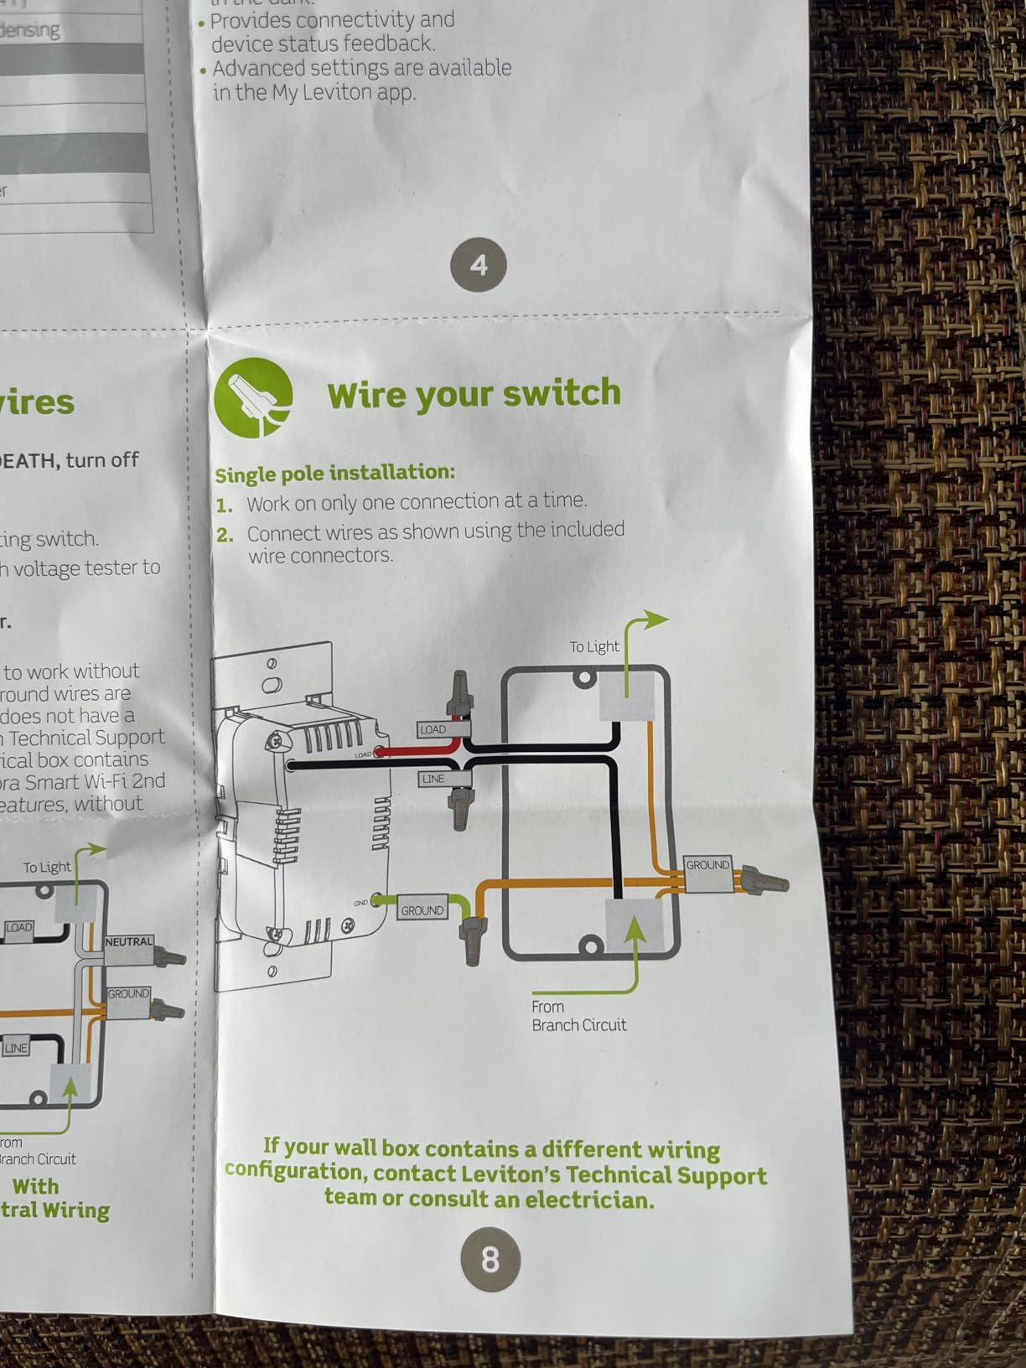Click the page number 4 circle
(x=478, y=265)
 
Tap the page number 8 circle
(x=490, y=1259)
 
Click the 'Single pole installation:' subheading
(x=334, y=473)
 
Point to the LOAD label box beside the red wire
(x=433, y=729)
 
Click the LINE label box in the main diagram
(x=433, y=779)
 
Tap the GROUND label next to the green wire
(x=422, y=910)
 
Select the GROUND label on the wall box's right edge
(x=708, y=865)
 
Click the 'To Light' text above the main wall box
(x=594, y=647)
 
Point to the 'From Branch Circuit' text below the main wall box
(x=578, y=1016)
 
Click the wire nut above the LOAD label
(x=460, y=693)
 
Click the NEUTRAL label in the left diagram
(x=129, y=941)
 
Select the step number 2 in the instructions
(x=225, y=535)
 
